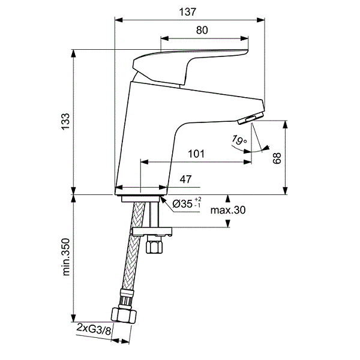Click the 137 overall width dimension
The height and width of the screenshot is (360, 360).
(188, 12)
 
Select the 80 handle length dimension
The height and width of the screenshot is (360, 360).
(202, 31)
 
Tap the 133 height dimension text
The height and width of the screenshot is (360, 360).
(65, 121)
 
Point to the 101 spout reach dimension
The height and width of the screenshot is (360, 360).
(196, 154)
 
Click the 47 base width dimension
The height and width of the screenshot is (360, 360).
(185, 179)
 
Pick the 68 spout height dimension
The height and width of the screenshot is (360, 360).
(277, 158)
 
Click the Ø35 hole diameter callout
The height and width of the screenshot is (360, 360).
(187, 203)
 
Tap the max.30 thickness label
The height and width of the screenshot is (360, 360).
(228, 210)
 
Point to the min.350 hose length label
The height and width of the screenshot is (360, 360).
(66, 257)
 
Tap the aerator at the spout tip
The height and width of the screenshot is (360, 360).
(251, 118)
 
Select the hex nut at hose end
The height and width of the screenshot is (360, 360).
(124, 316)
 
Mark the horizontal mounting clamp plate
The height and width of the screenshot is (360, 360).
(151, 232)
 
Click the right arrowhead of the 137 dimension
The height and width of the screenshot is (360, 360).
(260, 20)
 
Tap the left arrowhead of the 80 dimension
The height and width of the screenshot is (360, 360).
(164, 38)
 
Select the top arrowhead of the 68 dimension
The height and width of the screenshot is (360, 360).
(285, 125)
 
